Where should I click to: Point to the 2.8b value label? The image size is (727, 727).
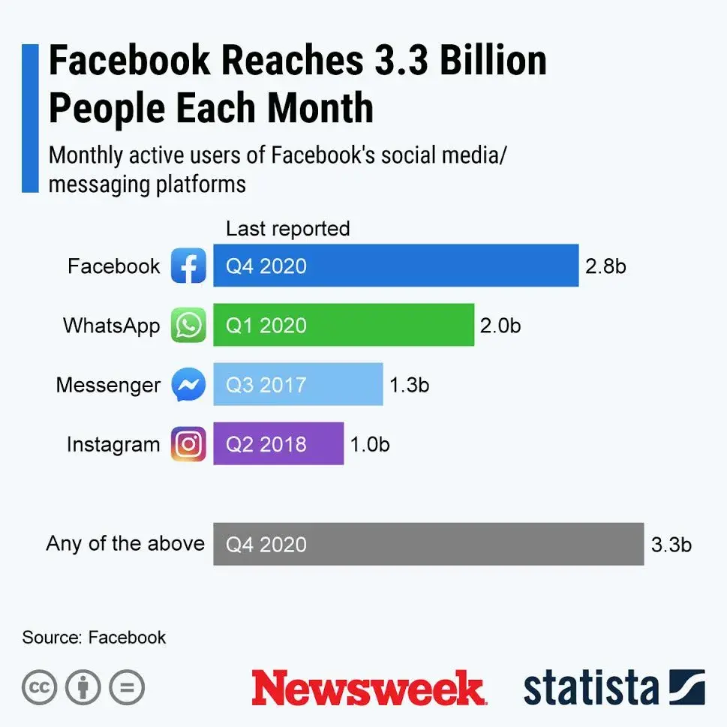[605, 266]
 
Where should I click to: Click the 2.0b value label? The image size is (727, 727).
[500, 325]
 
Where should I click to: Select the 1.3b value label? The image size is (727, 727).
[409, 384]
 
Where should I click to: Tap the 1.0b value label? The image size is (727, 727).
[370, 443]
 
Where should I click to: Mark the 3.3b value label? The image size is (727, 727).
[671, 544]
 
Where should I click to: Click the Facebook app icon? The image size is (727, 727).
[188, 266]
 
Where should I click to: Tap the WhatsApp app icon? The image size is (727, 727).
[188, 325]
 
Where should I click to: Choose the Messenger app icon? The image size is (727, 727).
[188, 385]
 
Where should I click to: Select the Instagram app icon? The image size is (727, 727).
[188, 443]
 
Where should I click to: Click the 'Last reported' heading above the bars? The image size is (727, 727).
[288, 228]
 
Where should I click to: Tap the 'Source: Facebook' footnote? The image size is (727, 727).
[94, 638]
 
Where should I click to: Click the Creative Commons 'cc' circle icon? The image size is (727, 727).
[40, 687]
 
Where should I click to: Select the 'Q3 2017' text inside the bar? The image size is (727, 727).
[266, 385]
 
